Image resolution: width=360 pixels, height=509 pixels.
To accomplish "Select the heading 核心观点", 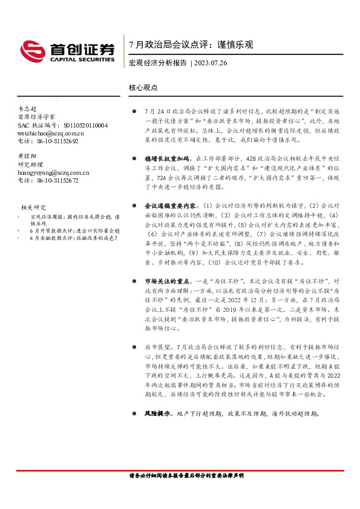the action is [143, 87].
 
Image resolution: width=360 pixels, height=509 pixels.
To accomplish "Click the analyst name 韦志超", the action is [28, 107].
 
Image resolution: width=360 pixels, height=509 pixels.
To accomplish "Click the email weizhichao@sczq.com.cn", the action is [51, 133].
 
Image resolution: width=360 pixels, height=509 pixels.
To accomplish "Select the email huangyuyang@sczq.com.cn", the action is [53, 172].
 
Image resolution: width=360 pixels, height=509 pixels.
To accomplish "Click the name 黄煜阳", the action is [28, 156].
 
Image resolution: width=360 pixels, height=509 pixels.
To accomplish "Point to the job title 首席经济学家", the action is [36, 116].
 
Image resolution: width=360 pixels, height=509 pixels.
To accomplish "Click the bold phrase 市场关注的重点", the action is [162, 281].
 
